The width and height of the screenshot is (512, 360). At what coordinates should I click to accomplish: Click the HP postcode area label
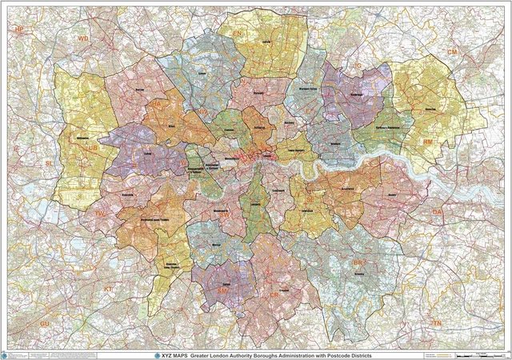(20, 29)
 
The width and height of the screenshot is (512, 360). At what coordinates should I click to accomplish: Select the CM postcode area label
(452, 52)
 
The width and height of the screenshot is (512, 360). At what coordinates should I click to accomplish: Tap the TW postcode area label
(100, 214)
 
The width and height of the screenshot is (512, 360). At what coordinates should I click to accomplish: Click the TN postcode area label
(437, 322)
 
